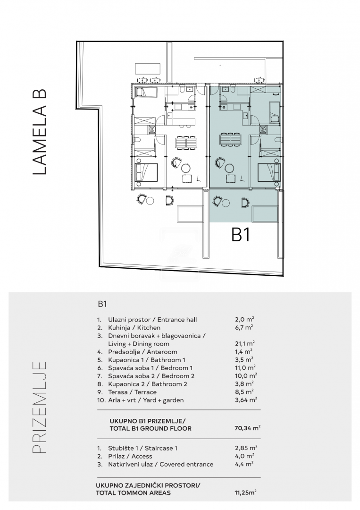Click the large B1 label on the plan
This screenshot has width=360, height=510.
pyautogui.click(x=241, y=235)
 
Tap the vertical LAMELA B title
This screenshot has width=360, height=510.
pyautogui.click(x=40, y=132)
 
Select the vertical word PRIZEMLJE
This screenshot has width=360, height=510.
pyautogui.click(x=40, y=407)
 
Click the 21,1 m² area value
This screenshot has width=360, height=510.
pyautogui.click(x=245, y=344)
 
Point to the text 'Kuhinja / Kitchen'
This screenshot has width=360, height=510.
pyautogui.click(x=134, y=328)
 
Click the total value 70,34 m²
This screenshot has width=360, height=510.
pyautogui.click(x=247, y=428)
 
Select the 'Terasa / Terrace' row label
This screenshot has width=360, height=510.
pyautogui.click(x=132, y=392)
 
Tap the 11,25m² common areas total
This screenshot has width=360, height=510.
pyautogui.click(x=245, y=493)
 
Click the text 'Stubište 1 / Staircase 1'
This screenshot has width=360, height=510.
pyautogui.click(x=142, y=448)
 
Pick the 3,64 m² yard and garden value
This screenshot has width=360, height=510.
pyautogui.click(x=246, y=400)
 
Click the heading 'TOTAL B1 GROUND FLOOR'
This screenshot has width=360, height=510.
pyautogui.click(x=151, y=429)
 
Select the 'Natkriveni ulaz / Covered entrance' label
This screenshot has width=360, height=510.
pyautogui.click(x=160, y=465)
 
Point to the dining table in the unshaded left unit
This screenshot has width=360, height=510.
pyautogui.click(x=186, y=142)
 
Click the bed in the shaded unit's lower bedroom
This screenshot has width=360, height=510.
pyautogui.click(x=269, y=172)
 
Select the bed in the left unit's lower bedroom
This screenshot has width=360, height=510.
pyautogui.click(x=146, y=172)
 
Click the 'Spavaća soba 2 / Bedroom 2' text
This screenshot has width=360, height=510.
pyautogui.click(x=151, y=376)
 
